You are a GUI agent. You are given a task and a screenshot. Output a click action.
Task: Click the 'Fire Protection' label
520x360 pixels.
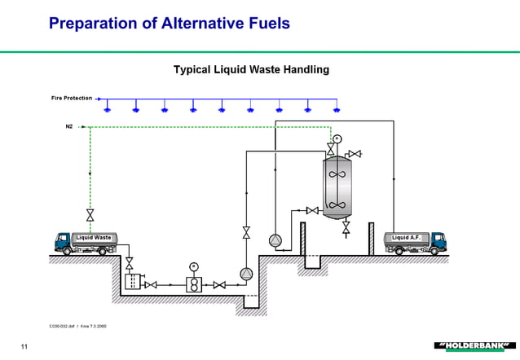72,98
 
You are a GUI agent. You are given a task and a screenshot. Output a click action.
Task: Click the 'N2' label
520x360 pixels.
69,126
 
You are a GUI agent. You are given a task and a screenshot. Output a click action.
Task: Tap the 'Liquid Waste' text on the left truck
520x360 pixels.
92,238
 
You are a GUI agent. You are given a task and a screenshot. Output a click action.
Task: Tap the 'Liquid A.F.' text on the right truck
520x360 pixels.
405,238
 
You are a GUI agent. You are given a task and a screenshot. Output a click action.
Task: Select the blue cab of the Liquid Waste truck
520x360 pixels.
63,241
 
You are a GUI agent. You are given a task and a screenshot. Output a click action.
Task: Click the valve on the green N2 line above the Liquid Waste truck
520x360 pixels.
90,215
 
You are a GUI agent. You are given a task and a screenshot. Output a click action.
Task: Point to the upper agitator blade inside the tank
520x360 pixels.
335,173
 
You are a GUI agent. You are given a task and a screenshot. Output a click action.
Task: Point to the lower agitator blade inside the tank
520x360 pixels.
335,204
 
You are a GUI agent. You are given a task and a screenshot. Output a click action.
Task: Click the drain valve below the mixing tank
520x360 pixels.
346,230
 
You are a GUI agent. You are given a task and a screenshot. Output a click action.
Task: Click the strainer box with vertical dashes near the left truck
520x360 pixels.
130,283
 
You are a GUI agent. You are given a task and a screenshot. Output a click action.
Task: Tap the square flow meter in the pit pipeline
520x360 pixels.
194,284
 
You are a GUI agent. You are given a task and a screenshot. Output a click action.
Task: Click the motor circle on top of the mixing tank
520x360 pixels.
337,138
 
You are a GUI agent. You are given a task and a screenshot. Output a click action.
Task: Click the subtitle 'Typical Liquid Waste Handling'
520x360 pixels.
251,70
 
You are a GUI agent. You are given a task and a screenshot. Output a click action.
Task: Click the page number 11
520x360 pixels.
24,349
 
